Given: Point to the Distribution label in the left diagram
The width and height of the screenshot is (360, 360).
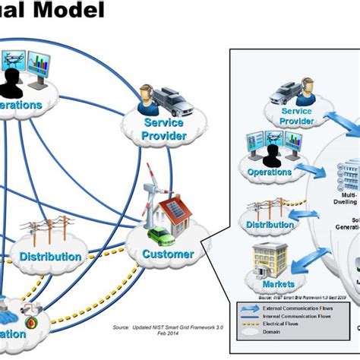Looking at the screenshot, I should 51,257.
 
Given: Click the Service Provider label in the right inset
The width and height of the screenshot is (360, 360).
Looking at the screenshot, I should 286,116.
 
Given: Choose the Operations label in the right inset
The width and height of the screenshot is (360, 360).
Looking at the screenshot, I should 269,172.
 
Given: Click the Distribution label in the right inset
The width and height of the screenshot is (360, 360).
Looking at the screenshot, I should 270,225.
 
